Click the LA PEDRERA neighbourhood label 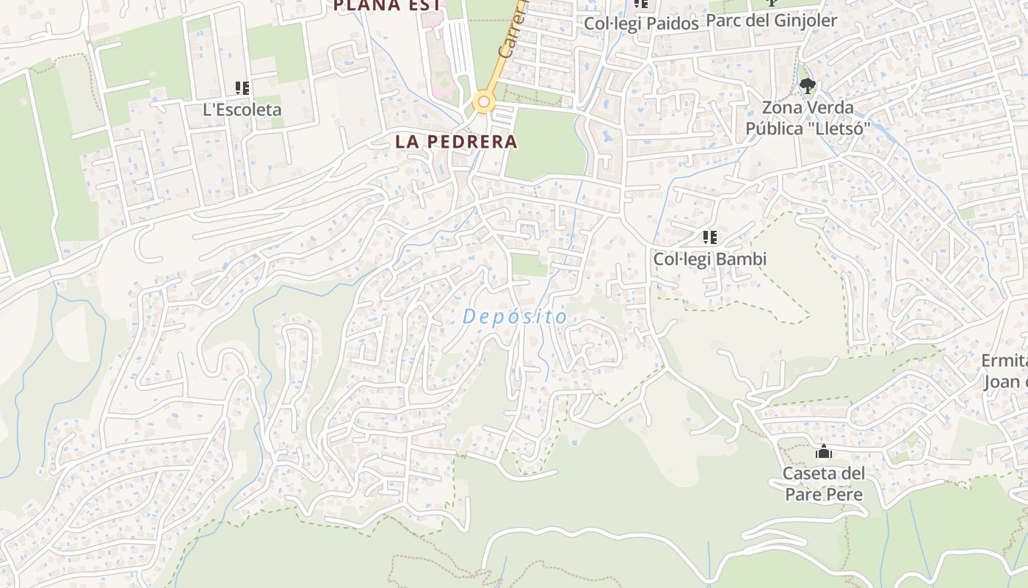click(x=456, y=142)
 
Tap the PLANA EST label click(x=387, y=6)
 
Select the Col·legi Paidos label click(x=641, y=24)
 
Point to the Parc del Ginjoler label click(x=771, y=21)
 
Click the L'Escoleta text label click(x=242, y=110)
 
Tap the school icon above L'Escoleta click(x=242, y=88)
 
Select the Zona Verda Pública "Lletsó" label click(x=807, y=118)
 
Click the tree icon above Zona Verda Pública click(x=807, y=86)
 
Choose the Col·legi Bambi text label click(x=709, y=259)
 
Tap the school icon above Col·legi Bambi click(x=709, y=237)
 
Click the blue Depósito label click(x=515, y=317)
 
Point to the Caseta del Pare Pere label click(x=823, y=484)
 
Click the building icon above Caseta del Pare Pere click(x=824, y=451)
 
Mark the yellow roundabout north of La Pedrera click(x=482, y=101)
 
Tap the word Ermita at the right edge click(x=1004, y=361)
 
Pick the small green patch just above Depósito click(x=528, y=265)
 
